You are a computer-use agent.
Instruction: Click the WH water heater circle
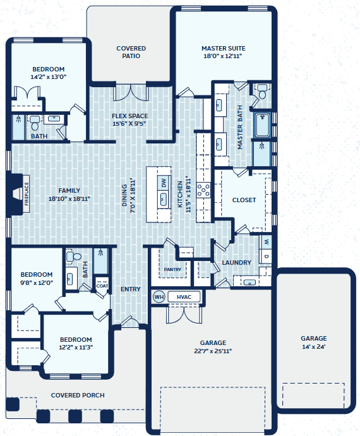(159, 297)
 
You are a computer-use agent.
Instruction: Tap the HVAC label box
(184, 297)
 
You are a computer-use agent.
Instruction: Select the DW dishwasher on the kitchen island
(164, 183)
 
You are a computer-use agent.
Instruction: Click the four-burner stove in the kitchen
(203, 190)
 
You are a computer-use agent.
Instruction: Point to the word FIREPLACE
(27, 194)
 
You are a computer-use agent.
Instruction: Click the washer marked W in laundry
(267, 242)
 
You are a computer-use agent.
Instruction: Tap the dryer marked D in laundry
(267, 257)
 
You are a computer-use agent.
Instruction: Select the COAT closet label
(102, 286)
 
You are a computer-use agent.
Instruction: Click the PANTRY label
(172, 269)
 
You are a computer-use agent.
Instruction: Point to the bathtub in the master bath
(263, 125)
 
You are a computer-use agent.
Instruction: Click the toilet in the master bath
(262, 92)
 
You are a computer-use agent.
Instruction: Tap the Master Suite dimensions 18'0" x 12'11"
(223, 56)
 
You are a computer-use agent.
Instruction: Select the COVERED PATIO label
(131, 52)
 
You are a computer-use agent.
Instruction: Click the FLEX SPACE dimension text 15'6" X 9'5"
(129, 124)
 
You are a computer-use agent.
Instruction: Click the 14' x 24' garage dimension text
(314, 347)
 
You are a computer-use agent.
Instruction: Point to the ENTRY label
(130, 289)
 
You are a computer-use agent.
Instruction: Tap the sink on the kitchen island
(164, 199)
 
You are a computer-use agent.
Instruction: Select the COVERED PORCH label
(78, 395)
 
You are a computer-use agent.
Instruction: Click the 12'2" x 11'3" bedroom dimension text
(76, 348)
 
